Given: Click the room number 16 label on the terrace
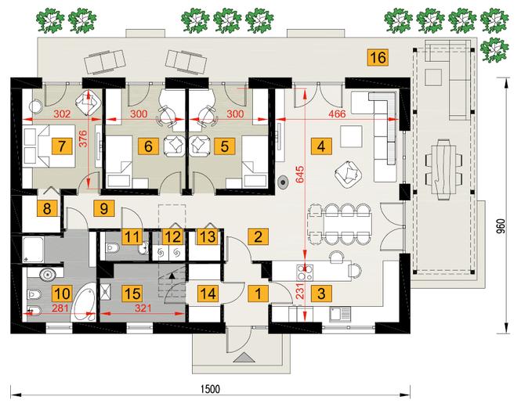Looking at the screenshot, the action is [378, 57].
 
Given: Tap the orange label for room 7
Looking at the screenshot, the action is [61, 146].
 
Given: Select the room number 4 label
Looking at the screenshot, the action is [321, 146].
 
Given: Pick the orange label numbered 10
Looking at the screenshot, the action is [62, 294].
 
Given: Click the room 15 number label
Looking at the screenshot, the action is [132, 294].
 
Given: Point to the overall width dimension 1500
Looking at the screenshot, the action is [210, 389].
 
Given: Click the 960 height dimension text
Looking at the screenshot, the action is [501, 226].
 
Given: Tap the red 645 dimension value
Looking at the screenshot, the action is [299, 175].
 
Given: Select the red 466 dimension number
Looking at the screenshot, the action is [337, 113].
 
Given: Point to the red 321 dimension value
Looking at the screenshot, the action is [143, 308].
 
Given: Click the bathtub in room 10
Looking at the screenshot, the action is [84, 302].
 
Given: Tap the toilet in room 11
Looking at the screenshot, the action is [111, 247].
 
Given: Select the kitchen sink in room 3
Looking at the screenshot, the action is [340, 314].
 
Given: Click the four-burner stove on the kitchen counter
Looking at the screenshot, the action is [305, 272].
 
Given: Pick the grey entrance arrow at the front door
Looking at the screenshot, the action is [244, 358].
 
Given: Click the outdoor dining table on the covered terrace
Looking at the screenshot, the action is [443, 169].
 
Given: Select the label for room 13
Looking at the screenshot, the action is [208, 236].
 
